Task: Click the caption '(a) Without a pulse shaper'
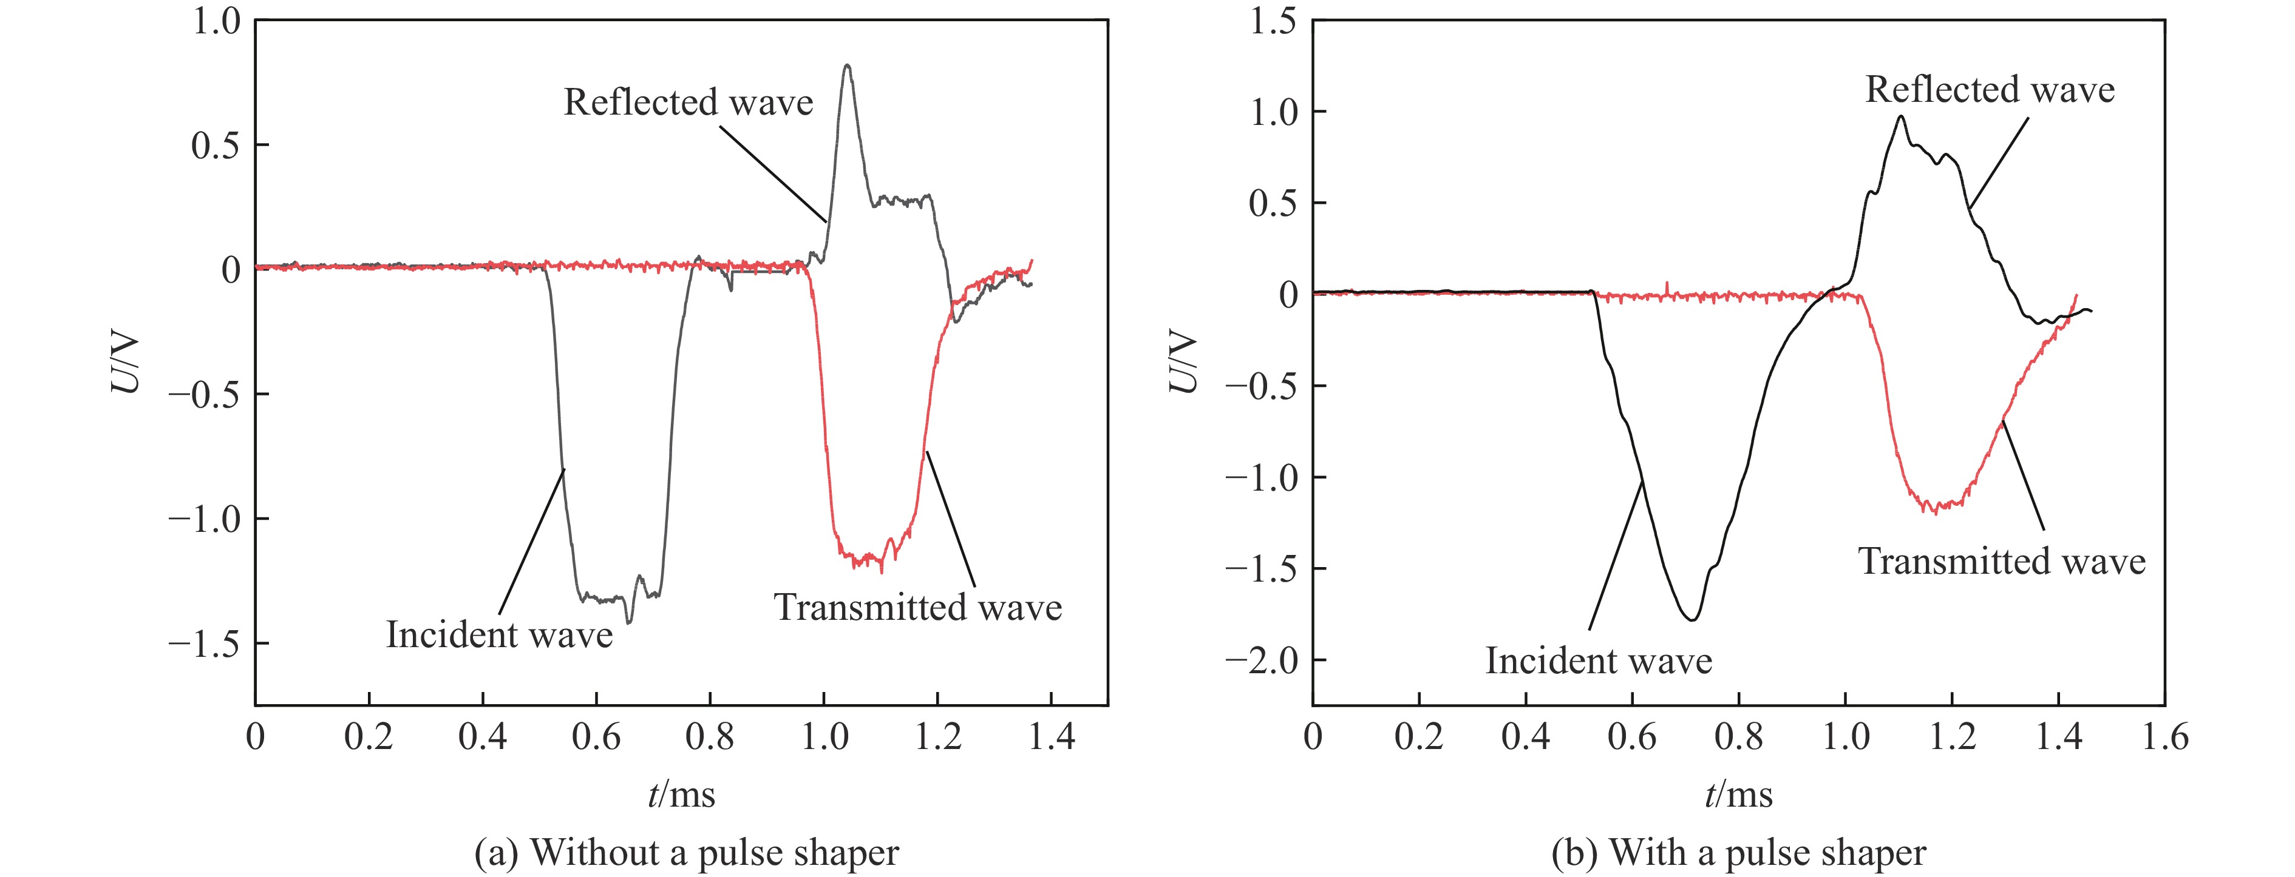point(687,852)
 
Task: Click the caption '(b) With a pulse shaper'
point(1738,852)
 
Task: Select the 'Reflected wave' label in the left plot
point(688,102)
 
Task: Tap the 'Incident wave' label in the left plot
point(499,635)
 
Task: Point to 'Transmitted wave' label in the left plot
point(917,607)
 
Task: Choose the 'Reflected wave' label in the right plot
point(1990,90)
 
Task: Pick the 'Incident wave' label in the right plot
point(1598,660)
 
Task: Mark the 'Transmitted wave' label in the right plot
point(2001,562)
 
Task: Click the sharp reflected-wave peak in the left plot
point(846,66)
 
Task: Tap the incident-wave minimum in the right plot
point(1691,619)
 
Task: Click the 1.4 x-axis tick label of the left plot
point(1052,738)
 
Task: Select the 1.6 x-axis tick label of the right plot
point(2163,738)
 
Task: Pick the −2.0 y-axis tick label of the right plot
point(1262,660)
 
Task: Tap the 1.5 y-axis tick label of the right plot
point(1272,21)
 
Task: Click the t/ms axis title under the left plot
point(682,793)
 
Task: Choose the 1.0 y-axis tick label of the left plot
point(217,21)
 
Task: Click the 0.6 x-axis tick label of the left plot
point(596,738)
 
